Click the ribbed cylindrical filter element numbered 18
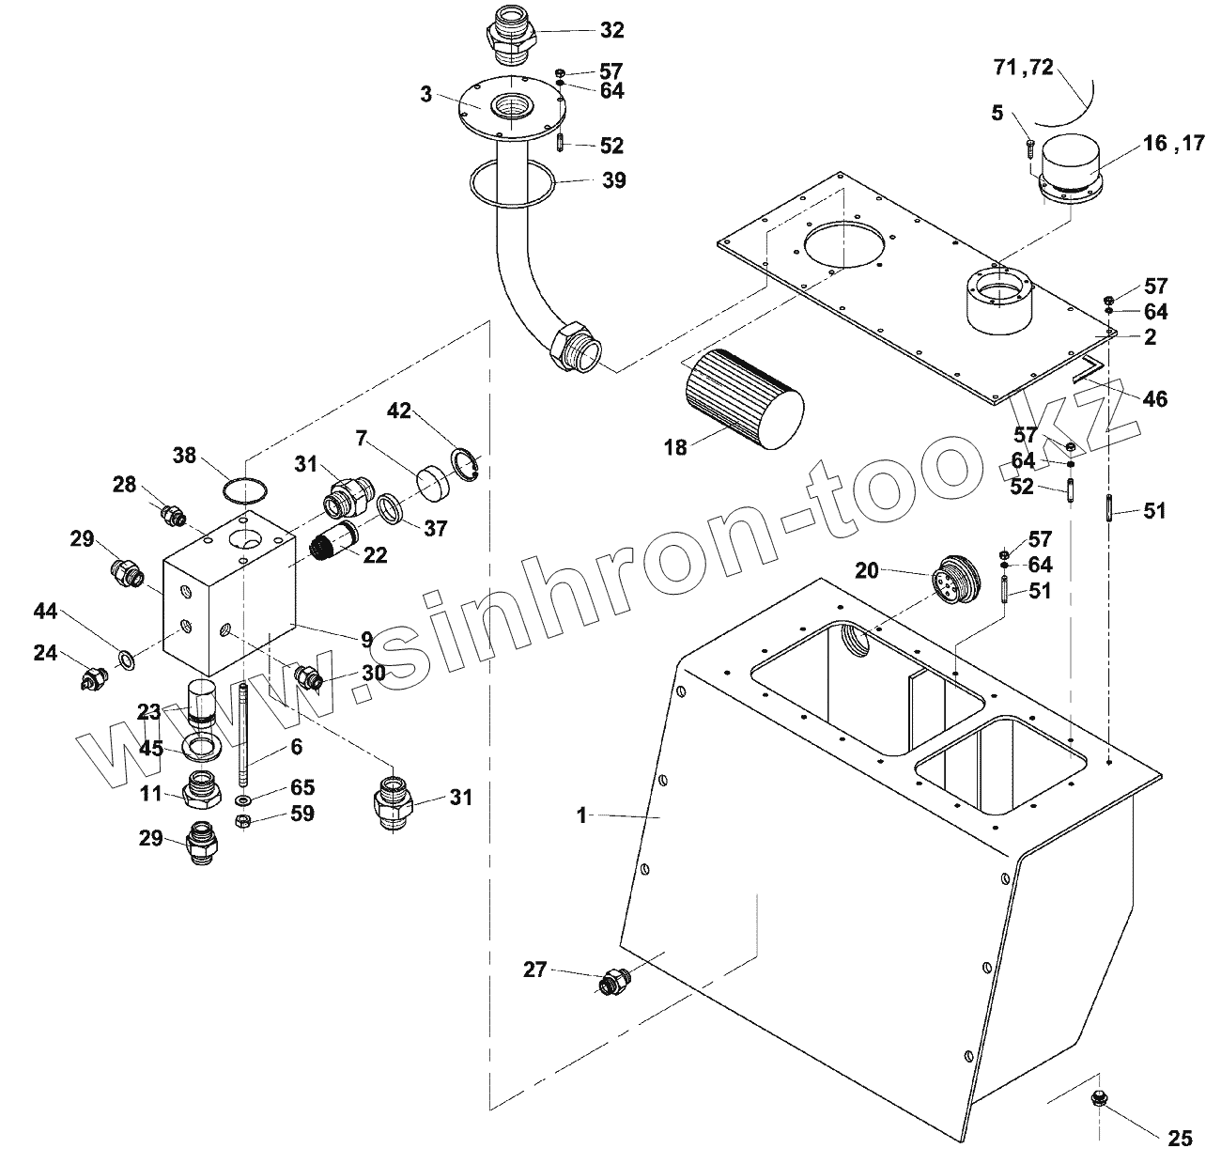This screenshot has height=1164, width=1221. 742,399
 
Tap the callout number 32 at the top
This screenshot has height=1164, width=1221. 611,31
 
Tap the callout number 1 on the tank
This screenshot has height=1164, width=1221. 582,816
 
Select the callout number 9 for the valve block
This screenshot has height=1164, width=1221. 365,639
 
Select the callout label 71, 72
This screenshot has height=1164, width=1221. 1024,68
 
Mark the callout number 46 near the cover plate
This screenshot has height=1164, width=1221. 1154,399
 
